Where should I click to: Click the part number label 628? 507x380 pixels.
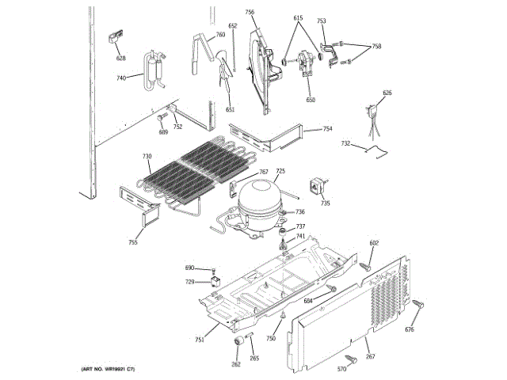121,59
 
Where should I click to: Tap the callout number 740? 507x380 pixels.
121,78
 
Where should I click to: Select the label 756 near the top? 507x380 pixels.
250,12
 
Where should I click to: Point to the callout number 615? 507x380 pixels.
298,17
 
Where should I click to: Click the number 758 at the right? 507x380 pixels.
376,47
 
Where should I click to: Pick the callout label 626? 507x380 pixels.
387,93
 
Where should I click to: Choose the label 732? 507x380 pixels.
345,143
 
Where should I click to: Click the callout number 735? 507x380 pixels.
325,203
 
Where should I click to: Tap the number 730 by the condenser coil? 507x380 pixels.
147,157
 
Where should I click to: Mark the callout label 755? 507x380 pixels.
133,241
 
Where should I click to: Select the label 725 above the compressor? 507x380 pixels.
280,172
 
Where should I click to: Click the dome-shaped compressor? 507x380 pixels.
260,198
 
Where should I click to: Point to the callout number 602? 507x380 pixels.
374,243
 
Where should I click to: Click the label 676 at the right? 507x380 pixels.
410,330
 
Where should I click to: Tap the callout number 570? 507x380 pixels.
341,370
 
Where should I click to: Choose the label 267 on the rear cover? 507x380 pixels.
370,357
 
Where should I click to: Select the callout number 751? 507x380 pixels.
200,340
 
